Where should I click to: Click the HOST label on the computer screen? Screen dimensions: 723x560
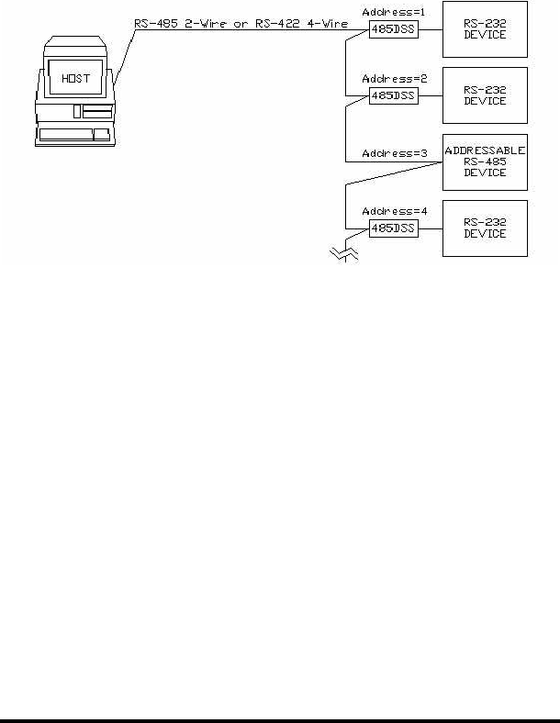(x=76, y=78)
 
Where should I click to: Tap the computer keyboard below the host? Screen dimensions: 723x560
(x=74, y=135)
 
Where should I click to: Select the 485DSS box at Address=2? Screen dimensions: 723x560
(x=392, y=95)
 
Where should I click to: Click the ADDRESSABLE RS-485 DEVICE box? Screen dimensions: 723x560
(x=485, y=161)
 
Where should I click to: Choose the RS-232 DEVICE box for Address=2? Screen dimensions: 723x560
(x=485, y=95)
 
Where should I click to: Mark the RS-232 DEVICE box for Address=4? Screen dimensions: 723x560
(x=485, y=228)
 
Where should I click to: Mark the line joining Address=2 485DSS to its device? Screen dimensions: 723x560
(x=430, y=95)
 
